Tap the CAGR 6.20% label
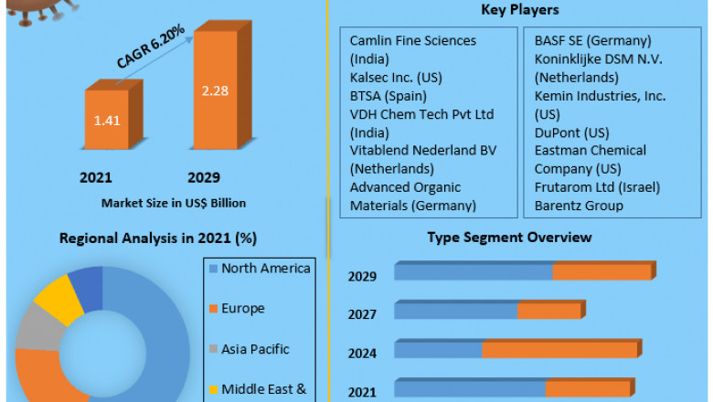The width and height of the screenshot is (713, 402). tap(151, 46)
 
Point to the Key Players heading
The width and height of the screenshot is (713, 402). tap(520, 10)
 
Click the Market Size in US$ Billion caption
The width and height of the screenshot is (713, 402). tap(174, 202)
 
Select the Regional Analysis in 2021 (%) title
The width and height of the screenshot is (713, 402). tap(158, 238)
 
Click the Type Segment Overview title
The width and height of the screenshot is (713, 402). tap(509, 238)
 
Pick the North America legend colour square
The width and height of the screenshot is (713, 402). tap(213, 269)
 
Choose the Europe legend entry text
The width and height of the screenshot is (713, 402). tap(243, 308)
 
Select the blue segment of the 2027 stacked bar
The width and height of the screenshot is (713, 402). tap(456, 311)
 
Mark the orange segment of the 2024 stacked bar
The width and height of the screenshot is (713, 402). tap(559, 349)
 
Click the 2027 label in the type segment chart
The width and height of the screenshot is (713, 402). tap(363, 314)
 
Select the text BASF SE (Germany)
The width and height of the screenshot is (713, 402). tap(592, 40)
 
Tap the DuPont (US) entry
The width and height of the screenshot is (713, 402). tap(570, 132)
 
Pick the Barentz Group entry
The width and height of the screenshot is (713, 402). tap(579, 206)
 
